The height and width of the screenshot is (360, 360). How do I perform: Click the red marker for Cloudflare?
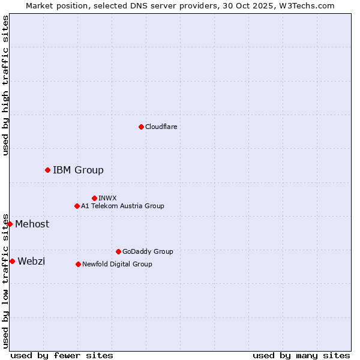pyautogui.click(x=141, y=127)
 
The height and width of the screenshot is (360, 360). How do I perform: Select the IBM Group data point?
pyautogui.click(x=47, y=170)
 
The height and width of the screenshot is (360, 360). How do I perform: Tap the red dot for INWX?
pyautogui.click(x=94, y=198)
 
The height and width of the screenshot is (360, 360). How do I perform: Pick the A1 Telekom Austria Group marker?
pyautogui.click(x=77, y=206)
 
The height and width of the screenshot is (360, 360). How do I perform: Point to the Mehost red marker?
pyautogui.click(x=10, y=224)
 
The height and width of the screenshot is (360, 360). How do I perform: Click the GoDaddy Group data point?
pyautogui.click(x=118, y=251)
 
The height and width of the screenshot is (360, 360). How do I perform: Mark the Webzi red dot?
pyautogui.click(x=12, y=261)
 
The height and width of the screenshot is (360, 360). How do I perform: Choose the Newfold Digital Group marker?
pyautogui.click(x=78, y=264)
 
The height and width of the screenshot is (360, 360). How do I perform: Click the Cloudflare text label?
pyautogui.click(x=161, y=127)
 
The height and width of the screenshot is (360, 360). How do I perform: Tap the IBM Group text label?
pyautogui.click(x=78, y=170)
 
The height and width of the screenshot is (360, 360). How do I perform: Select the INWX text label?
pyautogui.click(x=107, y=198)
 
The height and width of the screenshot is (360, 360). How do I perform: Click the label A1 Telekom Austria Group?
pyautogui.click(x=122, y=206)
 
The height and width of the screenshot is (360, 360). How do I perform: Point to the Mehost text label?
pyautogui.click(x=32, y=224)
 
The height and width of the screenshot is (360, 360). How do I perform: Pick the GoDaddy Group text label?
pyautogui.click(x=148, y=251)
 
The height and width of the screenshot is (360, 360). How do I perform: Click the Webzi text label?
pyautogui.click(x=31, y=261)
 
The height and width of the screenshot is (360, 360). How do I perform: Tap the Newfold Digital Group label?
pyautogui.click(x=117, y=264)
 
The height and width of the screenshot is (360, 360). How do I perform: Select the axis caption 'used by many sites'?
pyautogui.click(x=301, y=355)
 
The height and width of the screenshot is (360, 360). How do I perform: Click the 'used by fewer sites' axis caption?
pyautogui.click(x=62, y=355)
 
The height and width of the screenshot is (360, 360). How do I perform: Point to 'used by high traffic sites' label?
pyautogui.click(x=5, y=85)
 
